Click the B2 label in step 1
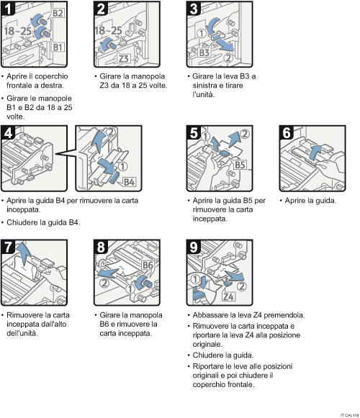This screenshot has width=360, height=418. (58, 13)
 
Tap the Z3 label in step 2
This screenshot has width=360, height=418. (124, 58)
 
